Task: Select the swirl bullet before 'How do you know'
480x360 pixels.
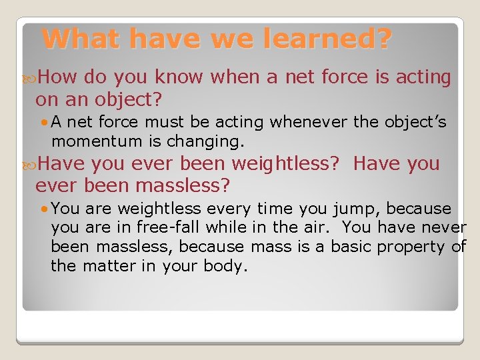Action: pos(31,78)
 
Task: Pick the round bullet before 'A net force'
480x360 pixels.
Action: pos(43,123)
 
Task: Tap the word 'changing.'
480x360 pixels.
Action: pos(212,141)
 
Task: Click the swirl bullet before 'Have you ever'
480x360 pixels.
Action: pos(31,164)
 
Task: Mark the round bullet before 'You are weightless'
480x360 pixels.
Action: pos(43,209)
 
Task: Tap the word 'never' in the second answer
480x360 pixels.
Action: pos(444,227)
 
